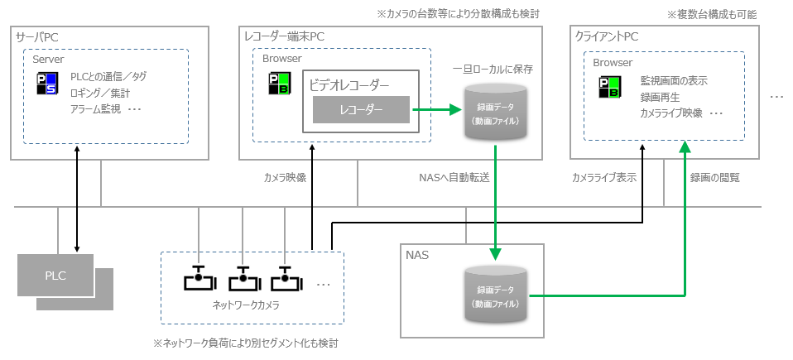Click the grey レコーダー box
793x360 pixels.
[x=360, y=108]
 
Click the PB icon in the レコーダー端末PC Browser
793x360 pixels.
[x=278, y=85]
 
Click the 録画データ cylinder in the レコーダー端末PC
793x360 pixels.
[x=495, y=113]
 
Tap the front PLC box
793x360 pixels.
[x=56, y=274]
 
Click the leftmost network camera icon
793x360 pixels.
[x=199, y=278]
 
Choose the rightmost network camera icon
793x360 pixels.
[x=286, y=278]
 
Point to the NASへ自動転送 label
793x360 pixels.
[x=454, y=176]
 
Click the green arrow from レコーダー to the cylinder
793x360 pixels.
[x=435, y=108]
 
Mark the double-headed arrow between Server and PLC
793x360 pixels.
[x=77, y=199]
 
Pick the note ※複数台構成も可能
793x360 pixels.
[x=711, y=14]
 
